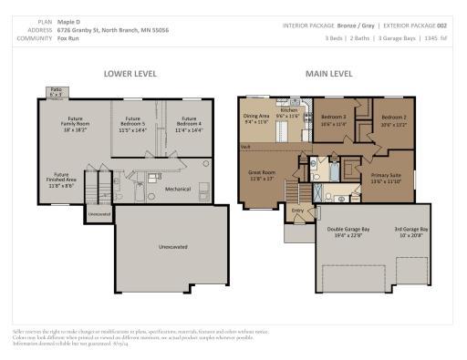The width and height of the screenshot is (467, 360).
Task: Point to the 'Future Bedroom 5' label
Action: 133,125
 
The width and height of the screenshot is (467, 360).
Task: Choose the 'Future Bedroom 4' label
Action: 188,125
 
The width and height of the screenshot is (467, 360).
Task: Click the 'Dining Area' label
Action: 257,118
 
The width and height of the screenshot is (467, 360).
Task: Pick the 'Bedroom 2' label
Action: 394,121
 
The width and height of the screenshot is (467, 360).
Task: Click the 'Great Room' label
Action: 262,175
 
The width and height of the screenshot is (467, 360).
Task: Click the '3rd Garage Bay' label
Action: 411,231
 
